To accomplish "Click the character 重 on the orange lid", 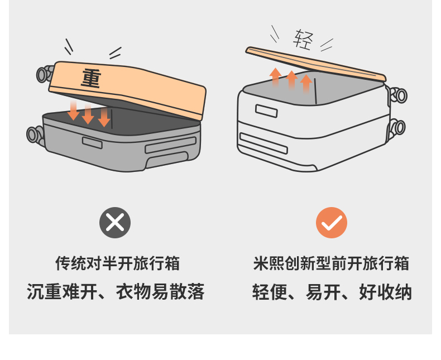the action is point(91,79).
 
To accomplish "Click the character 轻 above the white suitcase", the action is point(303,40).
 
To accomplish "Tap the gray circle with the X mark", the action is point(115,223).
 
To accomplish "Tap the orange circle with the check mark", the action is point(332,223).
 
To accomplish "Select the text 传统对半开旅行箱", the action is point(117,263).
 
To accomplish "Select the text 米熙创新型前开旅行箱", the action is point(331,263).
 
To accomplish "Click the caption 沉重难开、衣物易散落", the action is point(116,292).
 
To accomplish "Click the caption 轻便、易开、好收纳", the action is point(332,292).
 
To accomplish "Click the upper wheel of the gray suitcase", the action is point(45,74).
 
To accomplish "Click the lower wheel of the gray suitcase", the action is point(35,135).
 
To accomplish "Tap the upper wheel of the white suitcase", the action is point(398,95).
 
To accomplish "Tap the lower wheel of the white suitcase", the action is point(397,128).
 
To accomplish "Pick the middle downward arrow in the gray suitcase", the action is point(88,113).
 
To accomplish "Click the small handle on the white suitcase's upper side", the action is point(266,111).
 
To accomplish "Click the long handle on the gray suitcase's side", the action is point(170,145).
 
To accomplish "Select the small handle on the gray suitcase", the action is point(92,143).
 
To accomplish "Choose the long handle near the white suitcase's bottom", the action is point(263,143).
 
